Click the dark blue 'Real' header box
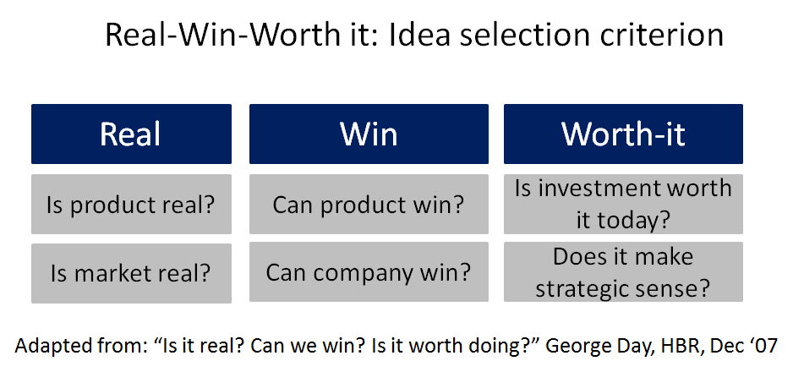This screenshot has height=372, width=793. coord(131,134)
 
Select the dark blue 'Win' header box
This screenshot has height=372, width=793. coord(369,134)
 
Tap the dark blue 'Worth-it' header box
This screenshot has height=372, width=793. coord(623,134)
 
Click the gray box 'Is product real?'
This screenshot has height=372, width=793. coord(131,205)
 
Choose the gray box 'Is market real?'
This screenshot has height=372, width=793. coord(131,273)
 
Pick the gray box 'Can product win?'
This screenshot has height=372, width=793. coord(369,205)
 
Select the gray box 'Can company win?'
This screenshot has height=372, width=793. coord(369,273)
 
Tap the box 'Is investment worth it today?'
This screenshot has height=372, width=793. coord(623,204)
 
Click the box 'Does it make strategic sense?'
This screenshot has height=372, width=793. coord(623,272)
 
